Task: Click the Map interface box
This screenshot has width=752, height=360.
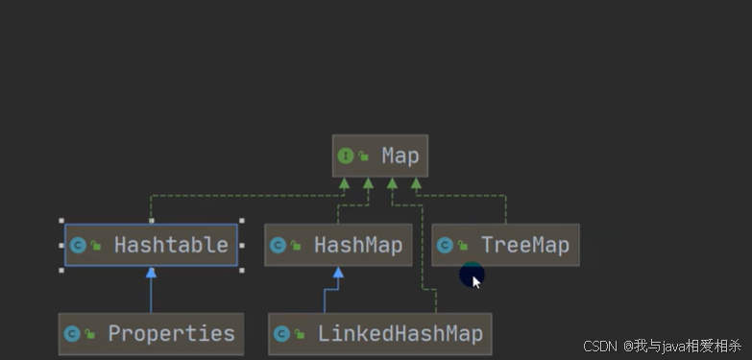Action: (x=379, y=156)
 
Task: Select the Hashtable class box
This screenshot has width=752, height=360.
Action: (x=151, y=245)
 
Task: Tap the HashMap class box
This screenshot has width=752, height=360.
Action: (x=338, y=245)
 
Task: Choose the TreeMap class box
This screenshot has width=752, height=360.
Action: (x=505, y=245)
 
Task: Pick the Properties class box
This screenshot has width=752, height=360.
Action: (x=151, y=334)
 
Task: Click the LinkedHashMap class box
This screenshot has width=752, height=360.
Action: (x=379, y=334)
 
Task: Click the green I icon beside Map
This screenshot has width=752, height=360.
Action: (x=346, y=156)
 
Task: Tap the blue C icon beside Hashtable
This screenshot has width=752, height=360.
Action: (x=78, y=246)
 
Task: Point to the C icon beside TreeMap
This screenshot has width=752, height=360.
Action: (x=445, y=246)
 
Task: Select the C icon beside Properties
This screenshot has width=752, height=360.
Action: (x=72, y=334)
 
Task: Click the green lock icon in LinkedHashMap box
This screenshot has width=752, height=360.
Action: (x=300, y=334)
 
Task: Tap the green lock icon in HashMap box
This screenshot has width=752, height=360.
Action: (x=296, y=246)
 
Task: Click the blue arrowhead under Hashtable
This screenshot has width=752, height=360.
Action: (x=151, y=273)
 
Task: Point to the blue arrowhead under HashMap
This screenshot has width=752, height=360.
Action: (x=338, y=273)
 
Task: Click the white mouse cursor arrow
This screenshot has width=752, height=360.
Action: (x=476, y=282)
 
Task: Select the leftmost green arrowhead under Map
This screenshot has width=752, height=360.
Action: (x=344, y=183)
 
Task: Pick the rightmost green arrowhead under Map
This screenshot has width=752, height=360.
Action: (x=416, y=183)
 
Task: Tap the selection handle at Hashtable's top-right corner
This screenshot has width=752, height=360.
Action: (x=242, y=221)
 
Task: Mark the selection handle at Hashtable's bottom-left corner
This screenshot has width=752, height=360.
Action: (x=61, y=271)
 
